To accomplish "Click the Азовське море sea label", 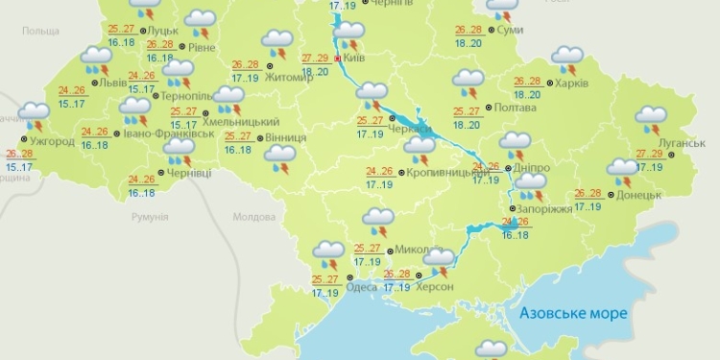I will point(572,313).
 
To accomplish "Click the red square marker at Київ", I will point(338,58).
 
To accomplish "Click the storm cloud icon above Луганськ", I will point(652,118).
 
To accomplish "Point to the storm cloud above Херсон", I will point(440,260).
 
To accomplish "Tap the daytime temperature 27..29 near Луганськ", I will point(650,154).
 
